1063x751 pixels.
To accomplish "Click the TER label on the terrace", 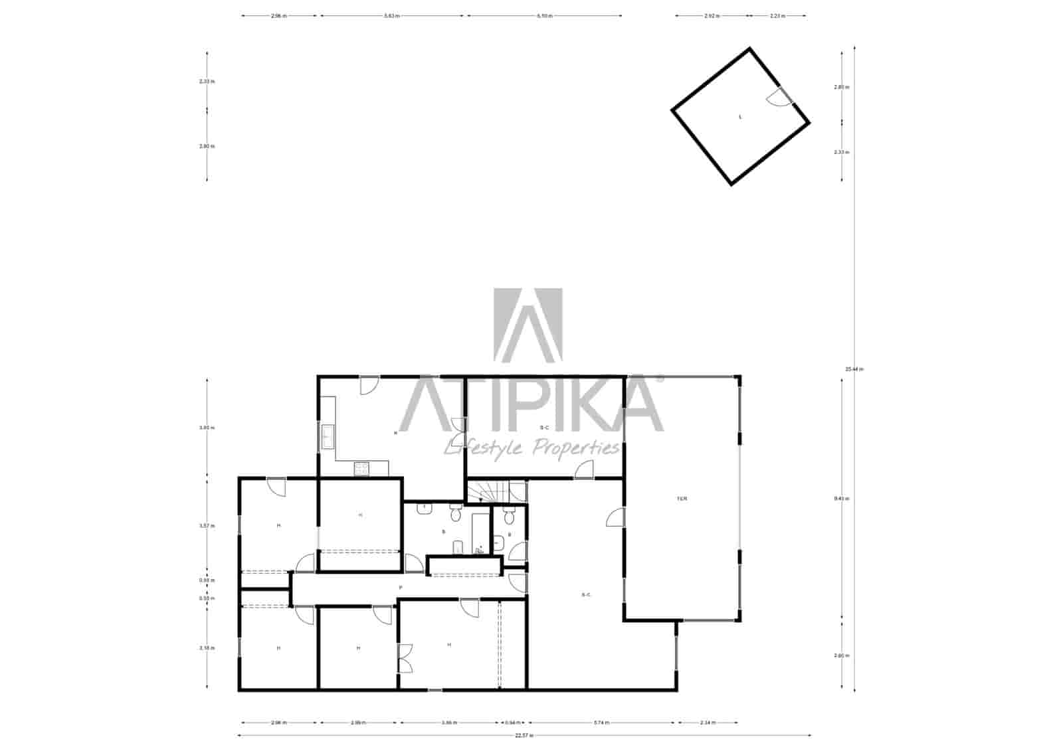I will point(682,499).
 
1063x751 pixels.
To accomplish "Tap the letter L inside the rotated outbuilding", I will point(740,117).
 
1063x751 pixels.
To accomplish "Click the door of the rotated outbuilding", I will point(775,98).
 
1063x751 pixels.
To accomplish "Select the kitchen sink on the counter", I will point(328,436).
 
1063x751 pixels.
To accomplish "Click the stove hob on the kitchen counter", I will point(361,469).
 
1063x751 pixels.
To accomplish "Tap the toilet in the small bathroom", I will point(509,516).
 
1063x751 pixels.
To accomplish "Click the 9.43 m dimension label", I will point(842,499).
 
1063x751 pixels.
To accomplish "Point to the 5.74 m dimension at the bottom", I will point(601,722).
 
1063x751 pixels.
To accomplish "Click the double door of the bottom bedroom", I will point(405,659).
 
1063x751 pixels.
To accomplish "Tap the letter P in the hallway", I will point(400,588).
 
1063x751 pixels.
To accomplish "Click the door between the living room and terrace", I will point(616,519).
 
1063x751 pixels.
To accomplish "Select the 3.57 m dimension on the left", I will point(207,525).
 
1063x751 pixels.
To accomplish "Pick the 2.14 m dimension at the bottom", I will point(707,722).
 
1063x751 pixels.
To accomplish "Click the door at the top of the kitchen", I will point(369,385).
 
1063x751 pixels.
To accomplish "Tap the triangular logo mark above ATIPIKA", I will point(528,325).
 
